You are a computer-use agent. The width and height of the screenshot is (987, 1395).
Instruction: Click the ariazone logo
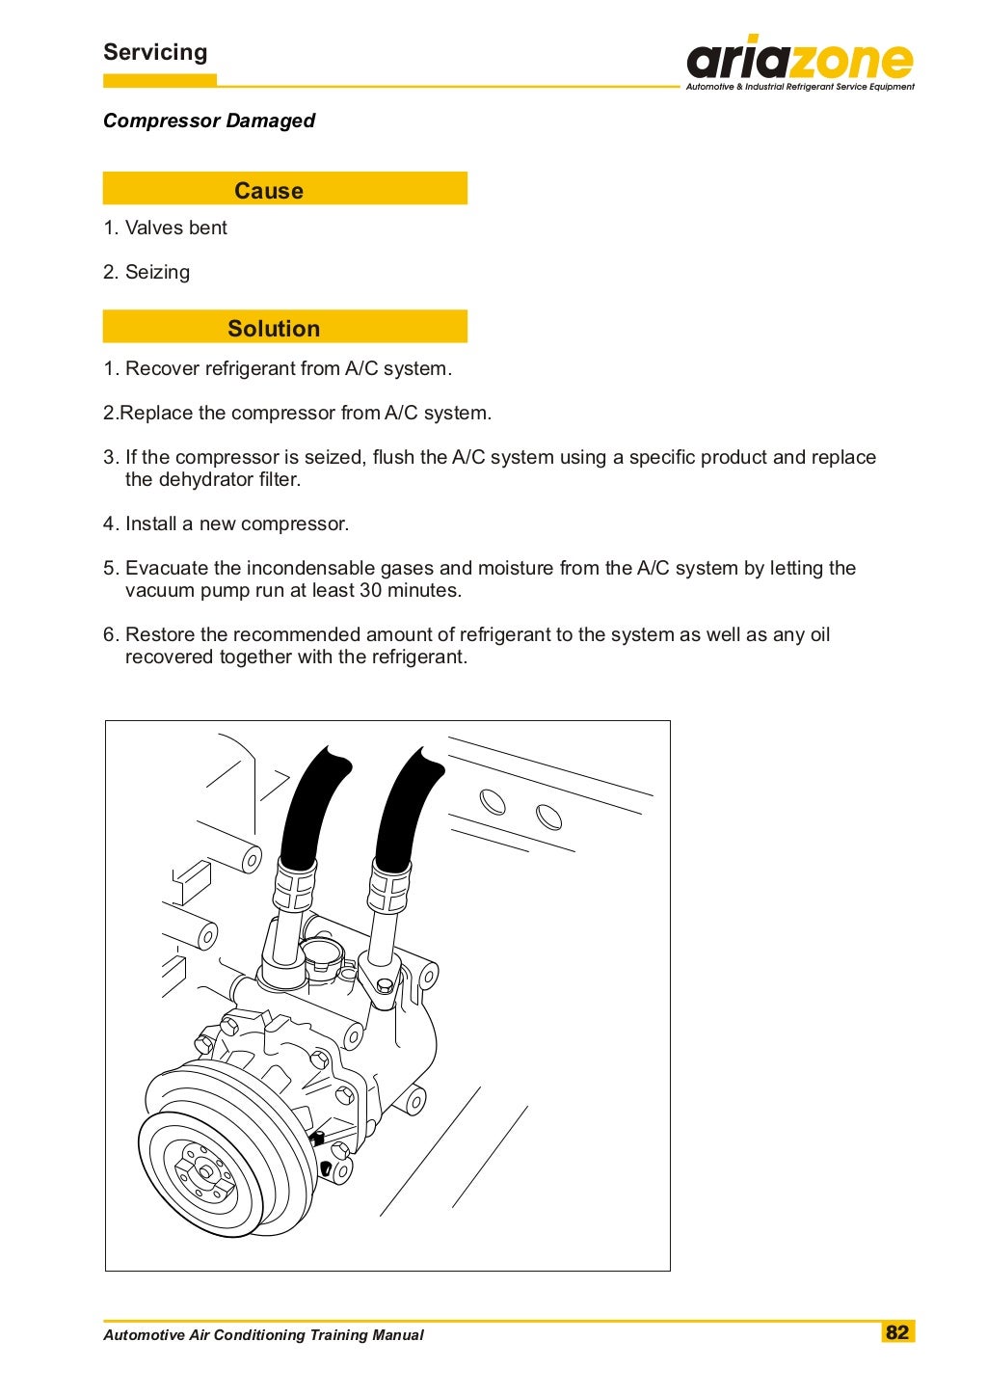coord(799,60)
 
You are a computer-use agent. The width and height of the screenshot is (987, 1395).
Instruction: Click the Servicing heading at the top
coord(155,52)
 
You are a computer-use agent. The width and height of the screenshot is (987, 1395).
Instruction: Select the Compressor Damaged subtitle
coord(209,121)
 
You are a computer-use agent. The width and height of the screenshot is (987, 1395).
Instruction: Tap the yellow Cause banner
coord(284,189)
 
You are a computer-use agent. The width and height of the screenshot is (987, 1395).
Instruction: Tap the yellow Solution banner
coord(284,327)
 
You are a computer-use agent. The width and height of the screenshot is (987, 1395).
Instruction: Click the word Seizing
coord(157,272)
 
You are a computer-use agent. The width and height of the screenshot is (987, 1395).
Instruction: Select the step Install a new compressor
coord(236,523)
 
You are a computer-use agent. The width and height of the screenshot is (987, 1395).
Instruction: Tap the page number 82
coord(897,1331)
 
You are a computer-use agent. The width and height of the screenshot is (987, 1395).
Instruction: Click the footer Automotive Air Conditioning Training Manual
coord(263,1335)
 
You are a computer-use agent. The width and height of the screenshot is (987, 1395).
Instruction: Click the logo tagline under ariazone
coord(799,87)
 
